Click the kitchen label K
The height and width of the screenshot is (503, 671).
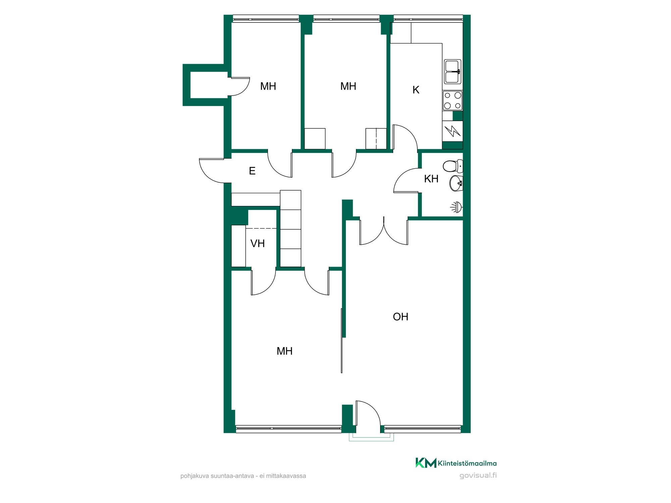coord(416,90)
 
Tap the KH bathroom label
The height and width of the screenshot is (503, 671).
coord(431,179)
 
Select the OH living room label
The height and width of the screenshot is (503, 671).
coord(400,317)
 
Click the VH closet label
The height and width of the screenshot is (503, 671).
coord(257,243)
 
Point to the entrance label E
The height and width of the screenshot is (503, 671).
coord(252,171)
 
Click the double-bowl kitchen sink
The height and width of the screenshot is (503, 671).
coord(453,71)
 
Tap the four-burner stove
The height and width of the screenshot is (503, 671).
coord(452,100)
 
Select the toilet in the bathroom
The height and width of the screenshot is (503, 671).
coord(453,166)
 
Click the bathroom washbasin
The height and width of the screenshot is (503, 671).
coord(456,183)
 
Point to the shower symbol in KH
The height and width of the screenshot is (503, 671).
coord(457,207)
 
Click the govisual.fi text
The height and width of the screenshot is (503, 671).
coord(478,475)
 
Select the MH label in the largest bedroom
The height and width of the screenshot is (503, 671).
coord(285,351)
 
